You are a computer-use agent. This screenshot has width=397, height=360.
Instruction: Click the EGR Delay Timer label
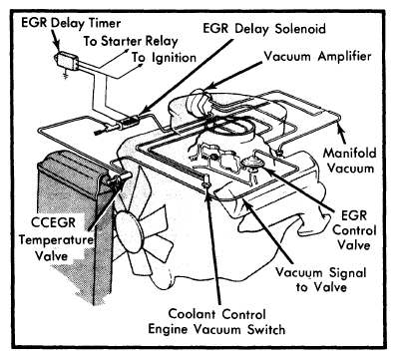71,23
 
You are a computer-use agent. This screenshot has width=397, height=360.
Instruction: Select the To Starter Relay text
131,41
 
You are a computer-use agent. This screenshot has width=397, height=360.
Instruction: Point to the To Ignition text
164,57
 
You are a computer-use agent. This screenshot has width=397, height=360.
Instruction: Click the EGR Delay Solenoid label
264,28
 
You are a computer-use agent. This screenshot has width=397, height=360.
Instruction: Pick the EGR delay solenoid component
130,122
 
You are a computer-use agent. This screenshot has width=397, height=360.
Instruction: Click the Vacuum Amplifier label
317,56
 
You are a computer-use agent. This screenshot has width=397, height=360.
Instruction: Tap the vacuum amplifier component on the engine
198,101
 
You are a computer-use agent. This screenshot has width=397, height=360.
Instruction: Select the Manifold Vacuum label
350,161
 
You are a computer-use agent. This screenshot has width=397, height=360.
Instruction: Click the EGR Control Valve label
354,230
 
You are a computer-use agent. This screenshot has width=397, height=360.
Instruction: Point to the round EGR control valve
251,164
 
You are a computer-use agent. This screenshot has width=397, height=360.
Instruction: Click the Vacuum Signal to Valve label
321,279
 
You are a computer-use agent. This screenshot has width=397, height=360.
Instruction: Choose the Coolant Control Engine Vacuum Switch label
216,321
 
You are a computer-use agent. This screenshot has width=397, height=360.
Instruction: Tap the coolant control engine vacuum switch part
206,182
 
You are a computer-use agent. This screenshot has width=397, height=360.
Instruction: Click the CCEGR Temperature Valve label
56,239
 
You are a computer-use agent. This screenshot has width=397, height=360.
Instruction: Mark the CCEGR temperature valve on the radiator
119,180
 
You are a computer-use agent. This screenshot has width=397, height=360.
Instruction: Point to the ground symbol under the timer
65,77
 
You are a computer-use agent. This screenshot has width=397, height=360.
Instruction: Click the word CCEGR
53,222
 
